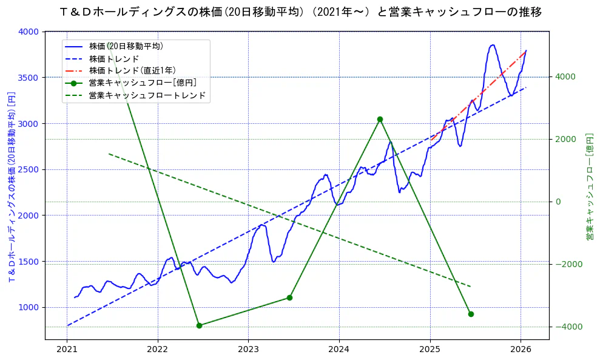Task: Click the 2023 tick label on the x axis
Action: point(248,350)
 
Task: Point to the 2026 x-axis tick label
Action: point(521,350)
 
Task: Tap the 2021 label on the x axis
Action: point(67,350)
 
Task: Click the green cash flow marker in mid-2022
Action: point(199,325)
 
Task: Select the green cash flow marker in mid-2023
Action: point(289,297)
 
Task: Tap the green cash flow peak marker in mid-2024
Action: point(380,119)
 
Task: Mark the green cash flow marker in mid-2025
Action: point(471,314)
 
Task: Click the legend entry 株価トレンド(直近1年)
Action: point(132,70)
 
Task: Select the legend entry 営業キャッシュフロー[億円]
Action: point(142,83)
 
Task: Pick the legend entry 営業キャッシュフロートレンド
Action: point(147,95)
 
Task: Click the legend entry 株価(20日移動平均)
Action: point(126,46)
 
